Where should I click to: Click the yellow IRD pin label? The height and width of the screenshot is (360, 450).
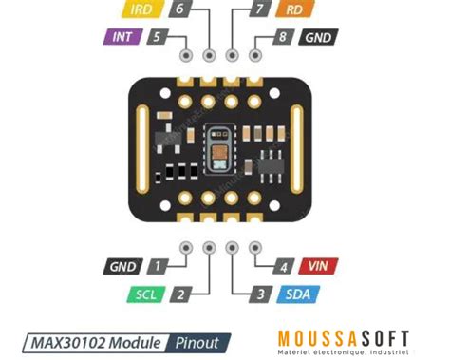143,11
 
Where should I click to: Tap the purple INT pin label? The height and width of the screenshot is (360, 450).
122,38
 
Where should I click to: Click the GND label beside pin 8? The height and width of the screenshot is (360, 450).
317,38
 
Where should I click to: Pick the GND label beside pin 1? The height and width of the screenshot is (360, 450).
124,268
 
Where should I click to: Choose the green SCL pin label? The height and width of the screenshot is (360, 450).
145,294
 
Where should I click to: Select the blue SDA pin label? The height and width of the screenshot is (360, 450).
296,294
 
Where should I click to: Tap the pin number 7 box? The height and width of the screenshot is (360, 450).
259,11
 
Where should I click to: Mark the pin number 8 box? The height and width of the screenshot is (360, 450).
281,38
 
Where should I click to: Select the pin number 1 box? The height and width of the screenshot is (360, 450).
159,268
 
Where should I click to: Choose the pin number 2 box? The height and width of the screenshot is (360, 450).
180,294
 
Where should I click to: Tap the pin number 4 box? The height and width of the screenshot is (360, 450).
281,268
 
